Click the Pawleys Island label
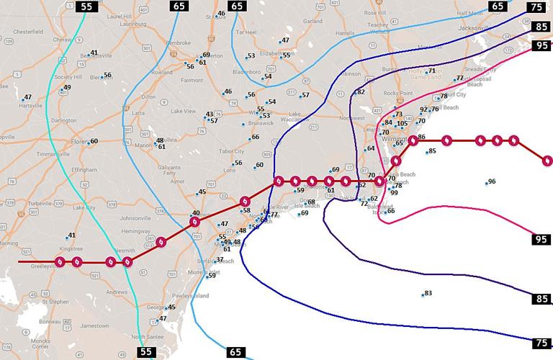coord(192,296)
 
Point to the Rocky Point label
coord(398,93)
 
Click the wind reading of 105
coord(403,125)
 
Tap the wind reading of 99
coord(394,193)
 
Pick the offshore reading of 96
coord(492,182)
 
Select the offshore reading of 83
coord(428,293)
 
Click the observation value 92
coord(423,110)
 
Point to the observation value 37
coord(220,260)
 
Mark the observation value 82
coord(361,92)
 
